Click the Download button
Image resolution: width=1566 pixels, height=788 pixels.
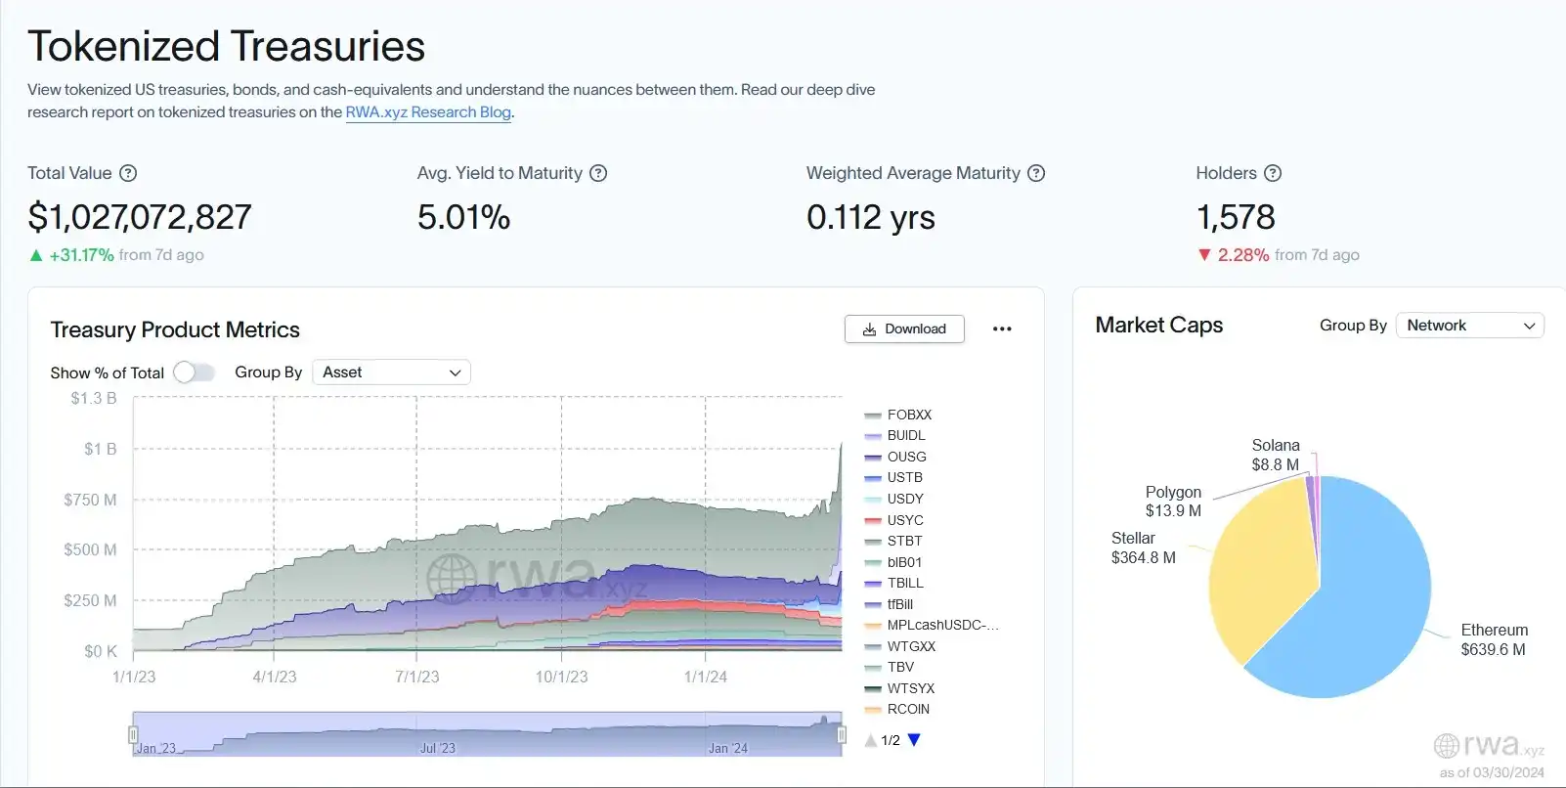click(x=904, y=329)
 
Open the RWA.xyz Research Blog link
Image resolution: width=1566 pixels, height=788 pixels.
click(x=428, y=112)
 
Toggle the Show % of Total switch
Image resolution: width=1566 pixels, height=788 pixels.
click(x=194, y=372)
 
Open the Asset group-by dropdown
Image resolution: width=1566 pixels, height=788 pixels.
click(x=391, y=372)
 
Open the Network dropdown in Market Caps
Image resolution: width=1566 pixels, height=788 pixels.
click(x=1469, y=326)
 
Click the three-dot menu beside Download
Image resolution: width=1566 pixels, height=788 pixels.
click(x=1002, y=329)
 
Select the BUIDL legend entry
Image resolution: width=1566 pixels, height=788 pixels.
click(x=905, y=436)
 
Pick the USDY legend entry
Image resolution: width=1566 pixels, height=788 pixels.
click(x=904, y=500)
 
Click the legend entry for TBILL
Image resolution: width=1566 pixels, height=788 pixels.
click(x=904, y=584)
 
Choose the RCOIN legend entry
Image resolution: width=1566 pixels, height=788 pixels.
click(x=907, y=710)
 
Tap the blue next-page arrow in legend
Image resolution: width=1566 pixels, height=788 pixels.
click(x=914, y=740)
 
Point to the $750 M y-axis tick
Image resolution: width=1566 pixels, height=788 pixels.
click(x=90, y=500)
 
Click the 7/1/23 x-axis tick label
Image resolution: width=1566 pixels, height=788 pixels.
click(x=416, y=677)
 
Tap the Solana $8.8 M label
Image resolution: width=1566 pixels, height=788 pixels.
click(x=1276, y=455)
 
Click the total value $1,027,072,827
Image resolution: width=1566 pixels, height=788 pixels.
click(x=140, y=217)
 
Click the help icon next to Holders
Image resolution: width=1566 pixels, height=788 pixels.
click(x=1272, y=173)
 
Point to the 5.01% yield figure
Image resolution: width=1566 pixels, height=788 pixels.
click(x=463, y=217)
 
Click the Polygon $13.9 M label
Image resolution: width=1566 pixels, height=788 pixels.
click(x=1173, y=502)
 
